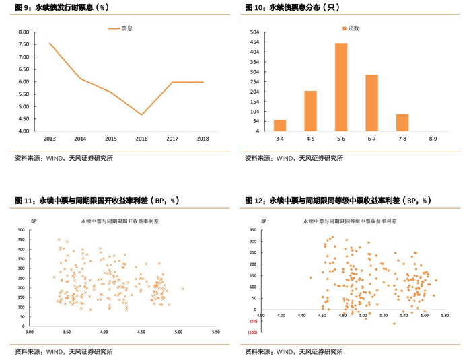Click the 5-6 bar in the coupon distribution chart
point(341,87)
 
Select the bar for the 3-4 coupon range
point(280,126)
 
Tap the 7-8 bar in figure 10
point(402,122)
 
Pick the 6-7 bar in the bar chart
point(371,103)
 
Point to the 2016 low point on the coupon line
point(141,115)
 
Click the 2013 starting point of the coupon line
point(50,43)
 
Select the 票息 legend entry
point(120,28)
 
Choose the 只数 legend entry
point(351,28)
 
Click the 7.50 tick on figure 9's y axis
point(24,44)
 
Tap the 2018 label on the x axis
point(203,139)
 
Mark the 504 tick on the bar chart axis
point(254,32)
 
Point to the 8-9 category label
point(433,139)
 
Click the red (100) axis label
point(252,332)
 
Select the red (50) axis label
point(253,321)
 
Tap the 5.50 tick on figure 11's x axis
point(216,332)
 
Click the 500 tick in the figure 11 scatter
point(22,230)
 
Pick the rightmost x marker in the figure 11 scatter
point(182,289)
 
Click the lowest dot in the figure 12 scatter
point(394,324)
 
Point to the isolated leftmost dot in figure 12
point(310,278)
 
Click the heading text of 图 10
point(292,7)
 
